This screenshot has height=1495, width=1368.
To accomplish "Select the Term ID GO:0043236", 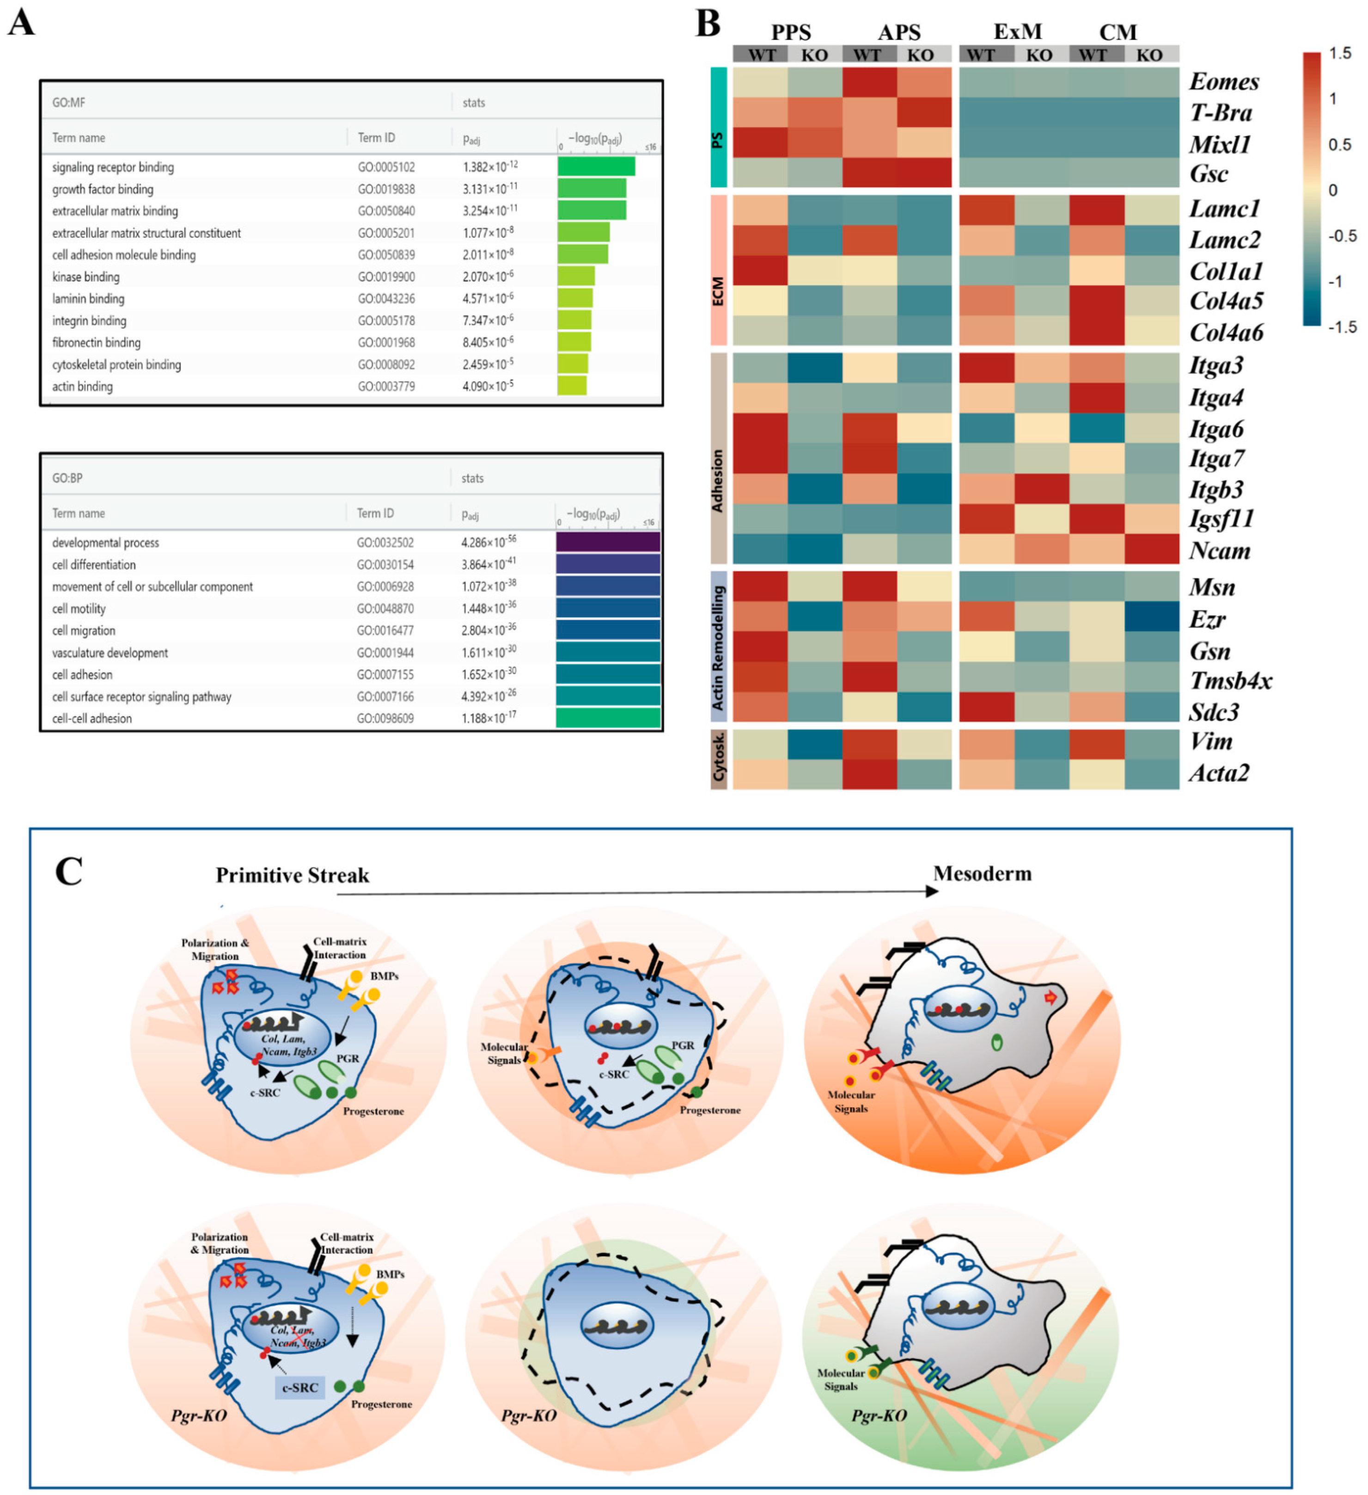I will (x=386, y=299).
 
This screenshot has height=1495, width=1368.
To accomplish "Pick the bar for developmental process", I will (x=608, y=542).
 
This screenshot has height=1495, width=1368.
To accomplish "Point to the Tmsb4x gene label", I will (x=1230, y=681).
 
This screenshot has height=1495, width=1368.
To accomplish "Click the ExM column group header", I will (x=1018, y=32).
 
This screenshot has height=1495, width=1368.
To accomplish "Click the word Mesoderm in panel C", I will (x=982, y=874).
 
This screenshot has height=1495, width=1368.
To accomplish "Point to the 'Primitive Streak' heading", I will (x=292, y=876).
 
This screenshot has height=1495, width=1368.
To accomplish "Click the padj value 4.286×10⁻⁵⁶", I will (x=489, y=542).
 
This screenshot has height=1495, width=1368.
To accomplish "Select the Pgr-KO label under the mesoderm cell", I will (x=879, y=1415).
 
